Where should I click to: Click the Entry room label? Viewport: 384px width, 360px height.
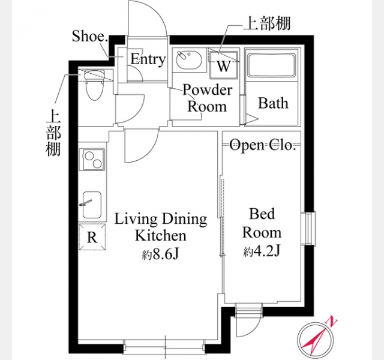tap(148, 59)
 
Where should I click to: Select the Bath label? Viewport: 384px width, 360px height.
tap(273, 103)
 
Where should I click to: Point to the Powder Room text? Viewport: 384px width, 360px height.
tap(207, 98)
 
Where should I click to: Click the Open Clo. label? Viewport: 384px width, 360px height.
tap(262, 145)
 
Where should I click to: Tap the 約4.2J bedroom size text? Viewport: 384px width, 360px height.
tap(262, 251)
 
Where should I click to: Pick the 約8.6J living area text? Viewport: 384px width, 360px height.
tap(161, 255)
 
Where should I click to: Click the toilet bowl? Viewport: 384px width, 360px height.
tap(95, 85)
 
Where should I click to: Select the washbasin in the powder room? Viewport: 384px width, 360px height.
tap(189, 60)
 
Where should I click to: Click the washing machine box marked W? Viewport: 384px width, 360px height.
tap(224, 65)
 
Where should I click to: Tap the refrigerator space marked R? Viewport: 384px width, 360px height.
tap(92, 237)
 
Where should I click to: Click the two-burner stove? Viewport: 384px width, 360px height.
tap(93, 160)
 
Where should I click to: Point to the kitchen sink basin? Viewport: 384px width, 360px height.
tap(92, 205)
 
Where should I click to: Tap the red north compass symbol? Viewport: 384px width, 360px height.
tap(315, 340)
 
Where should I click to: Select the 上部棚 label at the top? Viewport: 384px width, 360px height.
tap(266, 23)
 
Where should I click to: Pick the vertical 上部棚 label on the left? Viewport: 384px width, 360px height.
tap(53, 133)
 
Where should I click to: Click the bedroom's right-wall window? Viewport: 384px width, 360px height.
tap(309, 228)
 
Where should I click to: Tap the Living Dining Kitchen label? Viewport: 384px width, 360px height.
tap(161, 227)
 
